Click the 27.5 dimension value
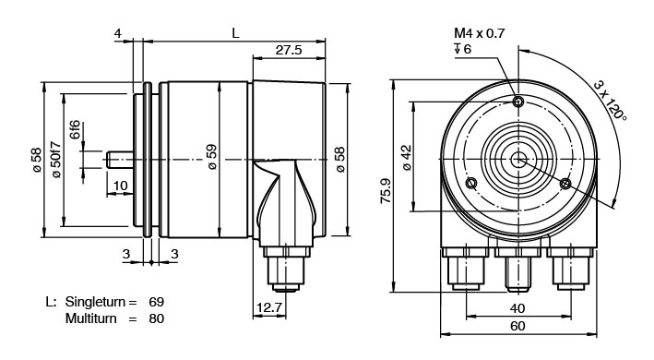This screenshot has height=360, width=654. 288,50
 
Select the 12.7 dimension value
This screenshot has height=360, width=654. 269,308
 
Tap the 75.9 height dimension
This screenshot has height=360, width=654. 386,191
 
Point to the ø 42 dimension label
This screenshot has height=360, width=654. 407,157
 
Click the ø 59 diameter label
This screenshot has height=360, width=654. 212,156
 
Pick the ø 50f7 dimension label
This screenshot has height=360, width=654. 56,161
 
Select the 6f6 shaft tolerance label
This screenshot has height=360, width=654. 74,129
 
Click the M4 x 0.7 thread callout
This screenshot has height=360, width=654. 480,33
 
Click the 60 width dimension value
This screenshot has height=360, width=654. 517,326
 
